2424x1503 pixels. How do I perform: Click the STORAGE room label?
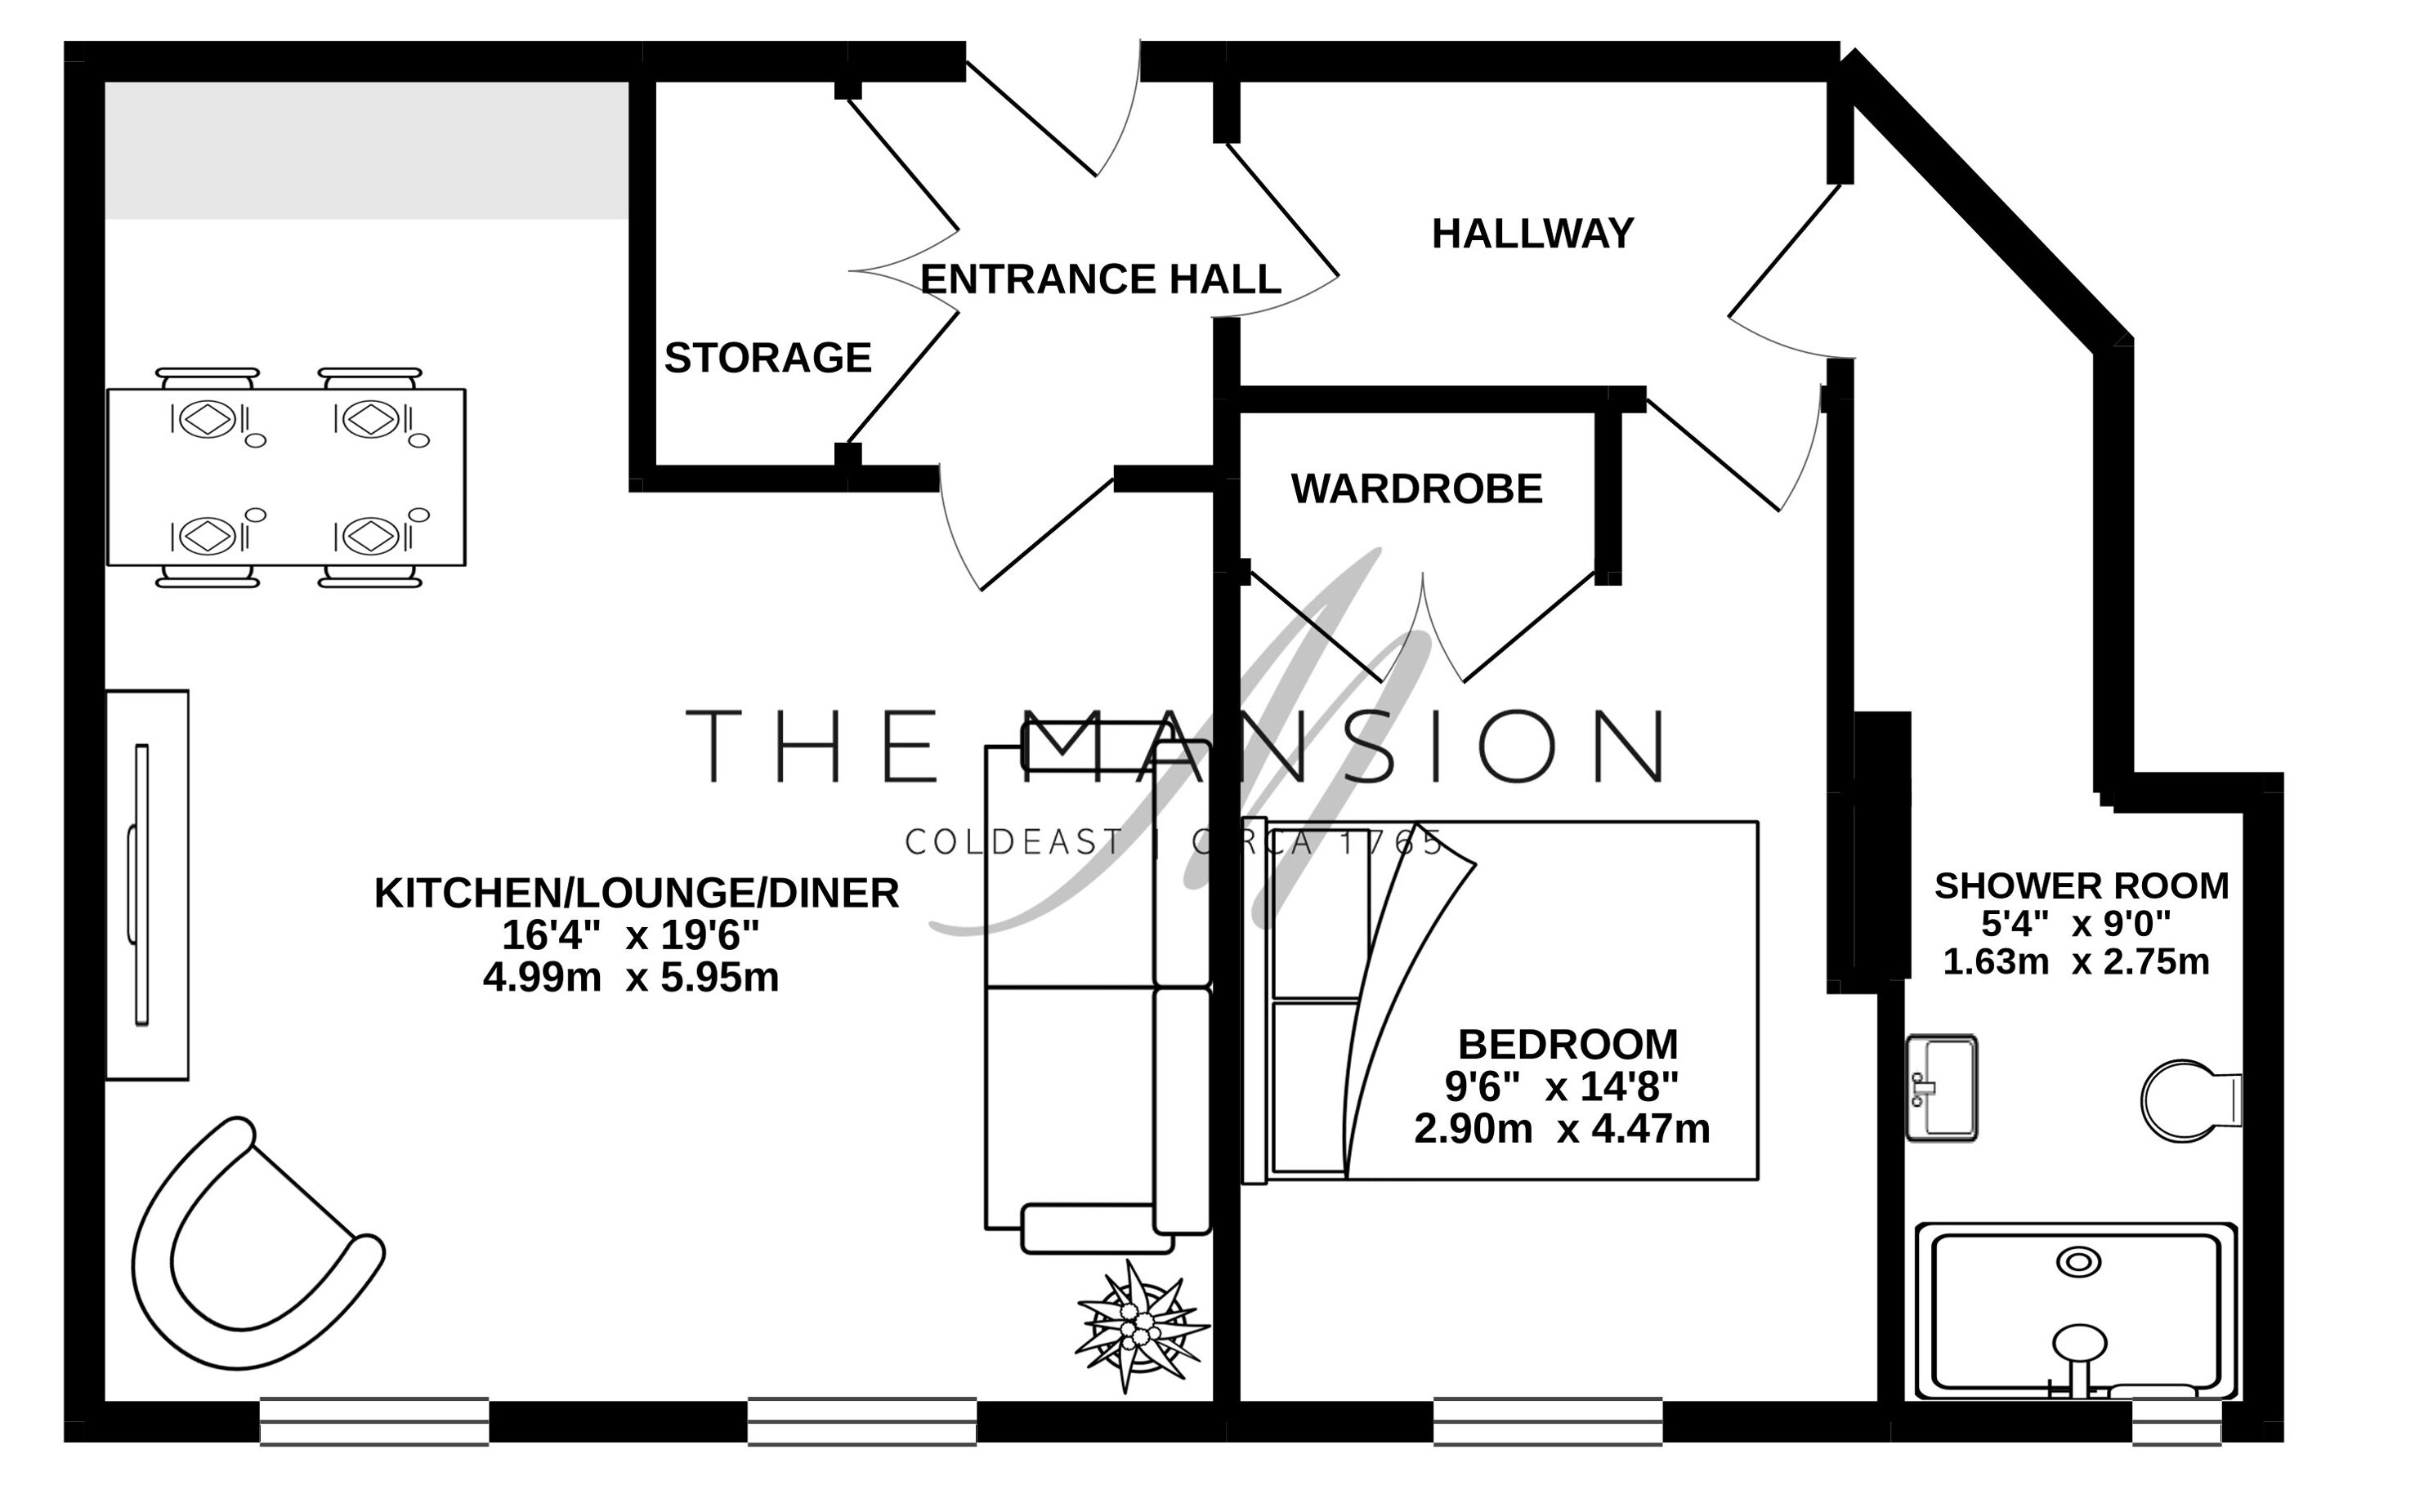click(x=767, y=358)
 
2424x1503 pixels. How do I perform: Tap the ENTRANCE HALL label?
click(x=1101, y=279)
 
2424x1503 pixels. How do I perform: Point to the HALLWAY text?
click(x=1532, y=234)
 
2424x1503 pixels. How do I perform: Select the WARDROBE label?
click(x=1417, y=489)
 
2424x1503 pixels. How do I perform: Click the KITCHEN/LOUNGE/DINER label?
click(x=637, y=893)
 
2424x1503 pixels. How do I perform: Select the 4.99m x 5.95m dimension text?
click(x=630, y=978)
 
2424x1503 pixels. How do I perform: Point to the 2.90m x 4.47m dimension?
click(x=1562, y=1129)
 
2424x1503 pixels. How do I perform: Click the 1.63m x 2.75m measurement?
click(x=2076, y=961)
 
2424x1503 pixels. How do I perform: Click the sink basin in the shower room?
click(x=1941, y=1087)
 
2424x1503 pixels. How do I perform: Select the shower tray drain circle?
click(x=2078, y=1263)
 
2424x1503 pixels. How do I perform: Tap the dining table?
click(x=286, y=477)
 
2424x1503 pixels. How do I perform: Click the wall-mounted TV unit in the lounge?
click(x=147, y=885)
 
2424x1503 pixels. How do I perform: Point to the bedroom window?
click(x=1547, y=1421)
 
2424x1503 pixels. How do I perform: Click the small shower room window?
click(x=2176, y=1421)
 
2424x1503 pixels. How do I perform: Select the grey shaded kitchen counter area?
click(x=367, y=150)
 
